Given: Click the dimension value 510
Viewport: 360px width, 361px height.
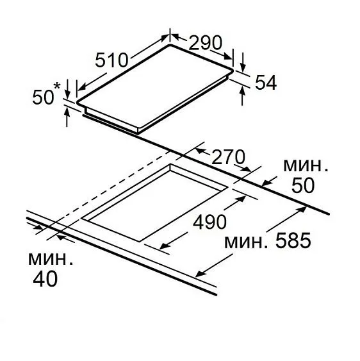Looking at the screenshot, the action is point(111,60).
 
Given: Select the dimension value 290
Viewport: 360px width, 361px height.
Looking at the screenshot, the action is point(206,42).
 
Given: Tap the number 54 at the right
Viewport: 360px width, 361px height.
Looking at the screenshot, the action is point(266,83).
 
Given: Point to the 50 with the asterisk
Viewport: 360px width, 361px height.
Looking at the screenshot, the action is point(43,97).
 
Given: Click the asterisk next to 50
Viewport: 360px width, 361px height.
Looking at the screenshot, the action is point(57,87).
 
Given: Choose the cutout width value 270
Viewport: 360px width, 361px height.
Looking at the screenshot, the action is point(228,157).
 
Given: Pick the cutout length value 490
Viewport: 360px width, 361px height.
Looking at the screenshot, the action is point(209,221).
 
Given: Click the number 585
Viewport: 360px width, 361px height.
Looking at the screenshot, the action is point(293,240).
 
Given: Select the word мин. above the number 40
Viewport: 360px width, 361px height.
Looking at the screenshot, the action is point(51,259).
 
